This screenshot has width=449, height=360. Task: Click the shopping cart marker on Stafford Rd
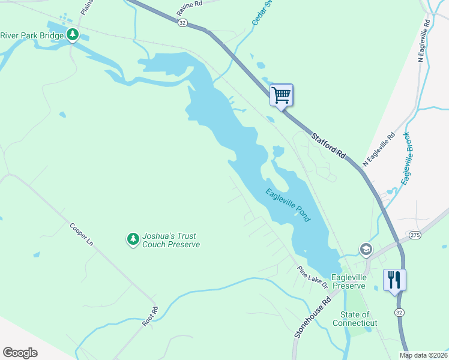(281, 95)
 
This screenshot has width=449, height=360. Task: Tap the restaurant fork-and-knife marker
(394, 280)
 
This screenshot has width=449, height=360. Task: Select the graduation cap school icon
(365, 249)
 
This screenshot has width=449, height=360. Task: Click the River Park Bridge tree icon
(73, 35)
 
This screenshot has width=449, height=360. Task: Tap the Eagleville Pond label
(288, 205)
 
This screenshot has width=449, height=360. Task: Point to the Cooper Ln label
(82, 235)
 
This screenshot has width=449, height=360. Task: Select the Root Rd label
(150, 316)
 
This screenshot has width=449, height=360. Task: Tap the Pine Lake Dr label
(313, 276)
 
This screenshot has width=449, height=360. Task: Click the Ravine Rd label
(190, 8)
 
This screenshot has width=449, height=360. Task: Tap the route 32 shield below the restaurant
(399, 313)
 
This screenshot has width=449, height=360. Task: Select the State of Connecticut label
(359, 319)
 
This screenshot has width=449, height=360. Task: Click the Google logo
(20, 353)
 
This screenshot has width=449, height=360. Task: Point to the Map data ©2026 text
(423, 355)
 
